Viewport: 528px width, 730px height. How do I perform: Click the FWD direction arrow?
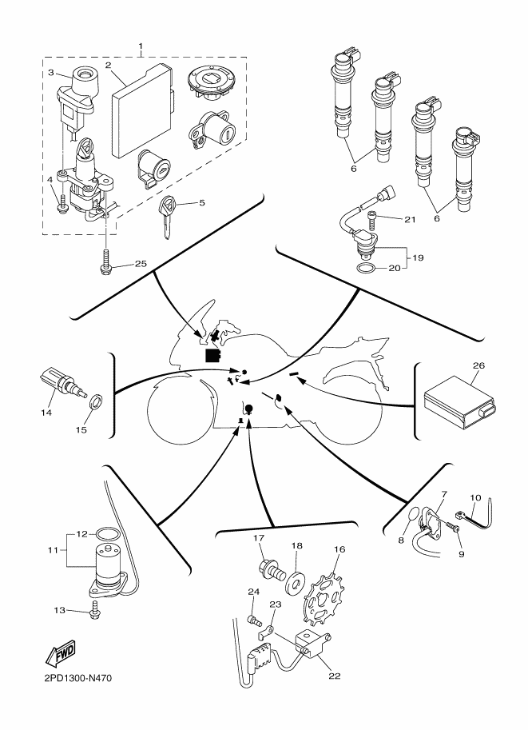point(61,654)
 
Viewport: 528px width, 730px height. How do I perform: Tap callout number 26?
point(478,365)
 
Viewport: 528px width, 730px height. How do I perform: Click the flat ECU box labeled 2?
point(142,110)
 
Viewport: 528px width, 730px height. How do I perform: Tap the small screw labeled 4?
point(62,204)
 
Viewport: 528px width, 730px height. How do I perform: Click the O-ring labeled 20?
point(366,269)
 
